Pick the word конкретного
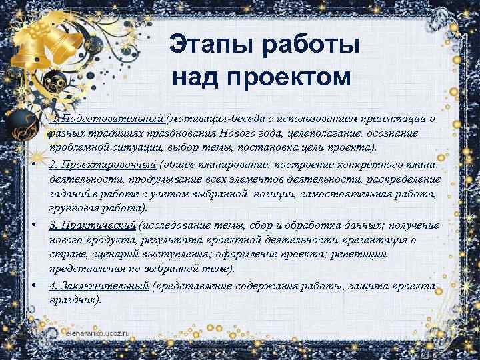click(x=374, y=165)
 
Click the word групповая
click(x=74, y=209)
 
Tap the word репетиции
click(x=363, y=254)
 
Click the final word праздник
click(x=74, y=300)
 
